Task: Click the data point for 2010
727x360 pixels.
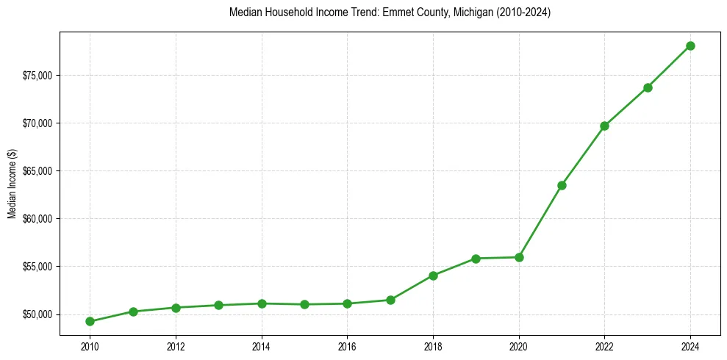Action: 90,321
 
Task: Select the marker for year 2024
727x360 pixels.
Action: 690,46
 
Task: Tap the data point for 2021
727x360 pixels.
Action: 562,185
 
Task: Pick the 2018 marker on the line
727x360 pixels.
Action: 433,276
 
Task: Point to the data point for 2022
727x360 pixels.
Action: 604,126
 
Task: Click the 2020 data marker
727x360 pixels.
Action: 519,257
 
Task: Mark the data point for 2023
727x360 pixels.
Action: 648,87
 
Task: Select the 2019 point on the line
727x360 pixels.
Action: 476,259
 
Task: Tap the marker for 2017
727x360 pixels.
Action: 390,300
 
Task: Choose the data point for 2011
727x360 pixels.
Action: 133,312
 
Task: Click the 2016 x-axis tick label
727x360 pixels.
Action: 347,346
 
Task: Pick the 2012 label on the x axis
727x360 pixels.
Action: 176,346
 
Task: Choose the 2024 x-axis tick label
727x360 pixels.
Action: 690,346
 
